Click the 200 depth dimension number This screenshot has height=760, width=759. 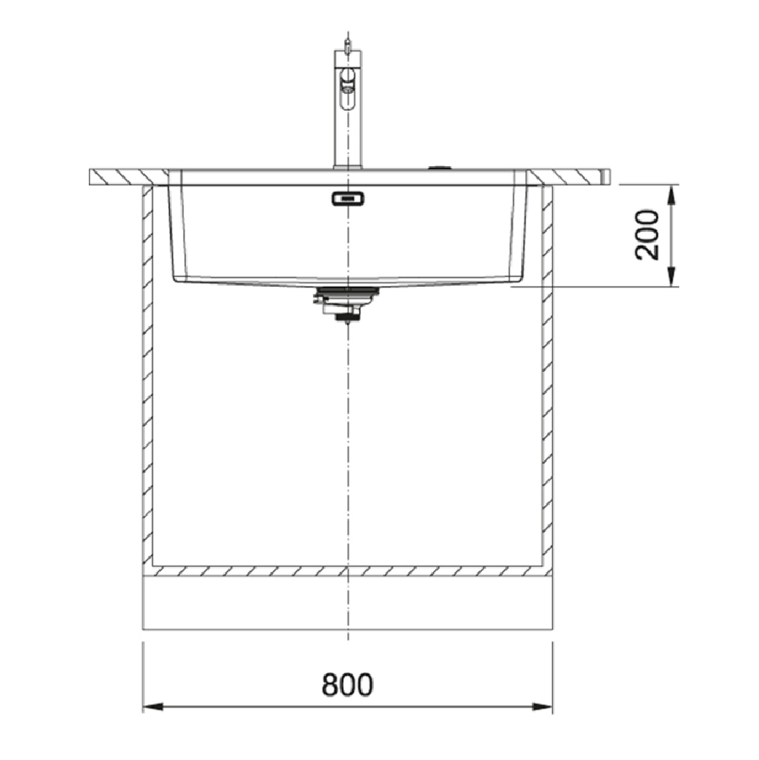point(647,235)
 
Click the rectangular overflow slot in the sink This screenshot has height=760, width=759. point(347,199)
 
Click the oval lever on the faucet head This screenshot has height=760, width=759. point(347,78)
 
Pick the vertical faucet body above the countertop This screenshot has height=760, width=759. point(342,129)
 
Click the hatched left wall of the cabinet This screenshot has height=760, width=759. point(148,380)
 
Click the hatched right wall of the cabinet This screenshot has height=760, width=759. point(547,380)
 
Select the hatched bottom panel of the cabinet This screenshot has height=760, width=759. point(348,570)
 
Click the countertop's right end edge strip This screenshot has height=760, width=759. point(606,176)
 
